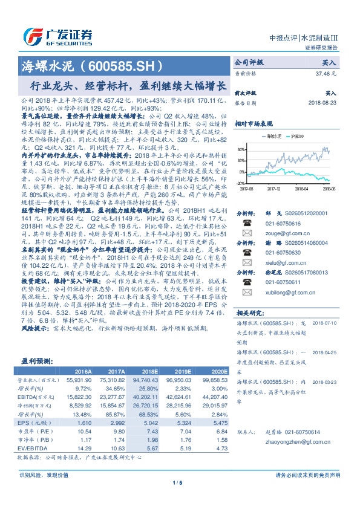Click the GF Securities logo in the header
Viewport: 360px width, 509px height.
(x=57, y=35)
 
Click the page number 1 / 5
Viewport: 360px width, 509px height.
(x=180, y=499)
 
